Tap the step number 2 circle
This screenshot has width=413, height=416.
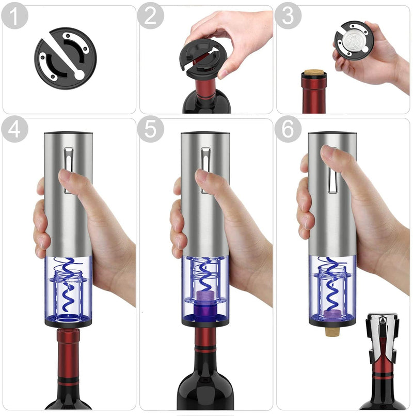(150, 17)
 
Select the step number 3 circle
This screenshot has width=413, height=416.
(288, 17)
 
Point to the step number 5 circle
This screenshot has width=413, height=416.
(150, 130)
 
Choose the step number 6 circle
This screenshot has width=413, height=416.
(288, 130)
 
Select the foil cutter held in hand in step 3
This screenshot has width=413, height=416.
(354, 40)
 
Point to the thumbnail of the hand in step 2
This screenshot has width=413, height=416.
(224, 72)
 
